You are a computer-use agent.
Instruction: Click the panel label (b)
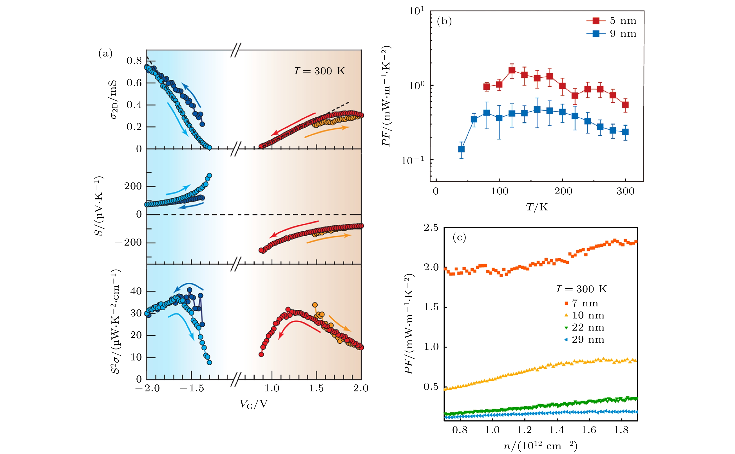[x=444, y=21]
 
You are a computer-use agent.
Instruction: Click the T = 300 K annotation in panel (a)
[x=319, y=71]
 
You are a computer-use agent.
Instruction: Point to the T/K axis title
[x=537, y=207]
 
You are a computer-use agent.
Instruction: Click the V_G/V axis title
[x=253, y=404]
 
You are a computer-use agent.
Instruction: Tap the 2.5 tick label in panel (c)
[x=431, y=228]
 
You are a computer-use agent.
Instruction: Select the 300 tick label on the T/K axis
[x=625, y=191]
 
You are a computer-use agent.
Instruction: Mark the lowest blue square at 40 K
[x=462, y=149]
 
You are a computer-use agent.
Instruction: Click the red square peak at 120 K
[x=512, y=71]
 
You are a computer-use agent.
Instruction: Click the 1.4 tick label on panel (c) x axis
[x=557, y=430]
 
